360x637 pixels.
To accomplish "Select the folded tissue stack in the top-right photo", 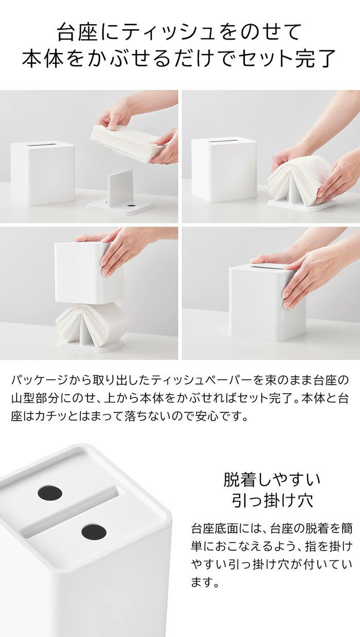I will point(298,180).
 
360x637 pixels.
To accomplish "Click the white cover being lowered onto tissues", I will point(87,272).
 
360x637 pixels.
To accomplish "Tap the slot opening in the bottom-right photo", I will point(267,267).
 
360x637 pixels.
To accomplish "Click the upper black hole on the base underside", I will point(50,493).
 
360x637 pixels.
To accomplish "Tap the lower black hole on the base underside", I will point(94,531).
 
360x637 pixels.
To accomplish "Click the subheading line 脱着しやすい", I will point(272,480).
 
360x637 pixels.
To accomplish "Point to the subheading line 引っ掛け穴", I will point(272,500).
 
